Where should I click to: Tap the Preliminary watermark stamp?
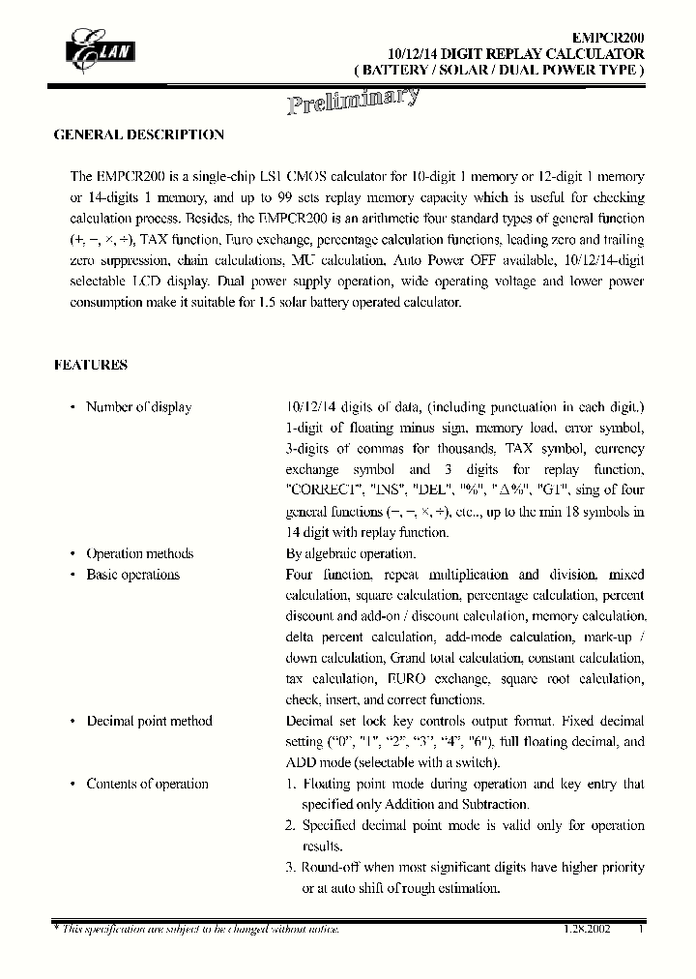point(353,100)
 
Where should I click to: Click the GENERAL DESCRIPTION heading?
point(138,135)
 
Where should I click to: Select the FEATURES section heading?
point(90,365)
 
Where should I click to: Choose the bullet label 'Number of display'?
point(138,407)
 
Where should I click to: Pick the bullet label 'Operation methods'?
point(139,554)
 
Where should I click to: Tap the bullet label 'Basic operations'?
point(132,575)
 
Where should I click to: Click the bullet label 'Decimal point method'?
point(149,722)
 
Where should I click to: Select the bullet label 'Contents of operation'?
point(147,785)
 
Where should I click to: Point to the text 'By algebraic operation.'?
point(351,554)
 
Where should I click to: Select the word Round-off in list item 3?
point(331,868)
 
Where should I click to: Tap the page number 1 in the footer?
point(640,929)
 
